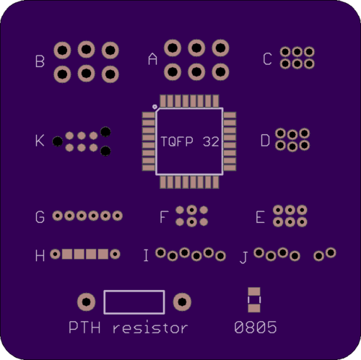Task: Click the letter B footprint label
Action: click(40, 61)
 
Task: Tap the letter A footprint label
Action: click(152, 59)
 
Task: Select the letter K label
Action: click(40, 141)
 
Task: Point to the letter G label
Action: click(40, 217)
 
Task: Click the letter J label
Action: click(243, 258)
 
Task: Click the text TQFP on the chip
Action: click(177, 141)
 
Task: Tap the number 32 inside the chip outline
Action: click(211, 141)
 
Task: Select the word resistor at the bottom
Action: click(150, 328)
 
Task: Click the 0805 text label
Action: click(256, 328)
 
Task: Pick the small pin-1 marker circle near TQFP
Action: click(155, 107)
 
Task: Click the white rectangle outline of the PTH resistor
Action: click(134, 290)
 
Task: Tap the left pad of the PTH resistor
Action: click(86, 302)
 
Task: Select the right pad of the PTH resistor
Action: click(182, 302)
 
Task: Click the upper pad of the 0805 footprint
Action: click(254, 291)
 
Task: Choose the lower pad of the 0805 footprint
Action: click(254, 308)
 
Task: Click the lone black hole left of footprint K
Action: click(58, 141)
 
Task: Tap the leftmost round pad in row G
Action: click(58, 216)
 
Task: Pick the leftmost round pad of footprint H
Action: click(55, 254)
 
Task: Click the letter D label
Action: click(265, 141)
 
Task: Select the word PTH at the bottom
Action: click(84, 328)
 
